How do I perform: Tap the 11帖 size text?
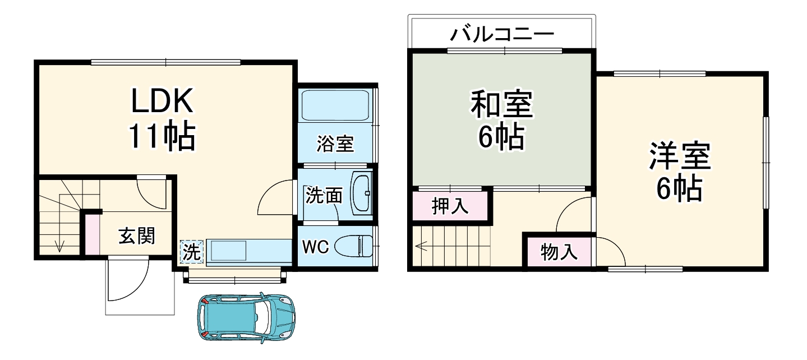point(162,136)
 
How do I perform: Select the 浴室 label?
point(335,144)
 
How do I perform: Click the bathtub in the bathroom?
point(335,105)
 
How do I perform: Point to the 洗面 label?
point(324,196)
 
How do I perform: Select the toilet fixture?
point(354,246)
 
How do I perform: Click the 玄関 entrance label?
point(136,237)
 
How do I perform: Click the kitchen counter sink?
point(229,250)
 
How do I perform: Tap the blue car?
point(246,317)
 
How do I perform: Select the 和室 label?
point(501,105)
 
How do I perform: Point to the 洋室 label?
point(680,157)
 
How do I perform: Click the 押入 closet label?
point(450,206)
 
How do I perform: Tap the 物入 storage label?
point(559,252)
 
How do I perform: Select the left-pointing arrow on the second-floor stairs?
point(421,245)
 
